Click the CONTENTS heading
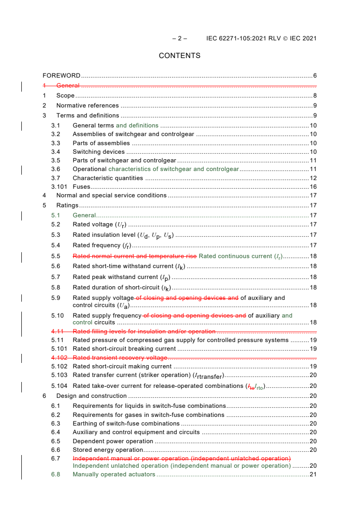pyautogui.click(x=180, y=56)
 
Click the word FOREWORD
pyautogui.click(x=62, y=75)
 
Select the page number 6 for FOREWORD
pyautogui.click(x=315, y=75)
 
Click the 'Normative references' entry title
pyautogui.click(x=88, y=105)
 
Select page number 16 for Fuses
pyautogui.click(x=313, y=186)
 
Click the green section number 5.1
pyautogui.click(x=55, y=215)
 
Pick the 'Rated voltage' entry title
pyautogui.click(x=93, y=225)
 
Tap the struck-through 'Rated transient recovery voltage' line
pyautogui.click(x=120, y=357)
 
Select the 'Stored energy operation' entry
pyautogui.click(x=108, y=450)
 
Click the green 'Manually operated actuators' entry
pyautogui.click(x=114, y=475)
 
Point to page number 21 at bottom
pyautogui.click(x=313, y=475)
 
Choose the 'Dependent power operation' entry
pyautogui.click(x=113, y=441)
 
